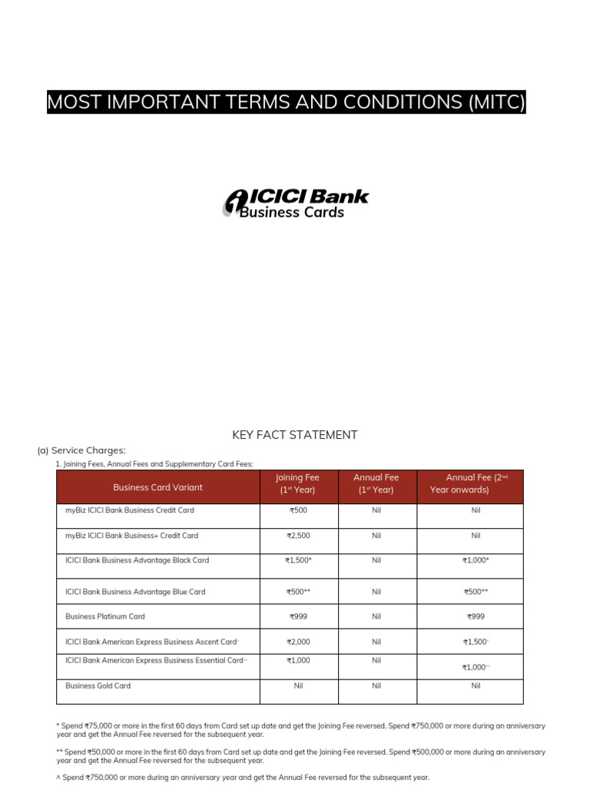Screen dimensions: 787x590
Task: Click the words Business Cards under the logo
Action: [x=292, y=212]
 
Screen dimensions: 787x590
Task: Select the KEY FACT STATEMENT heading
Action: [x=295, y=435]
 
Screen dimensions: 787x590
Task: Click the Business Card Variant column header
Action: [x=157, y=487]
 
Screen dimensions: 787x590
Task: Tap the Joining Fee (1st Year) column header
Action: [x=298, y=483]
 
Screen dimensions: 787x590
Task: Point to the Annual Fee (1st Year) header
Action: [x=376, y=483]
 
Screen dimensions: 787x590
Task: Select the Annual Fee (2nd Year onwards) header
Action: [x=469, y=483]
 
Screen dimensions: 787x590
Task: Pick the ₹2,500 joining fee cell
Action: [x=298, y=536]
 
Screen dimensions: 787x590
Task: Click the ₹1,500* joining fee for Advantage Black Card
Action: [x=298, y=560]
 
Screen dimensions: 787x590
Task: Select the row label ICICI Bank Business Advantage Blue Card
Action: [x=135, y=592]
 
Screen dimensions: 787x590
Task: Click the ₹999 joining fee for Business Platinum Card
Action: [x=298, y=616]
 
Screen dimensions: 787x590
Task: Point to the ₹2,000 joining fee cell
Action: [x=298, y=642]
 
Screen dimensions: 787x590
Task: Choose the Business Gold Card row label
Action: [x=98, y=686]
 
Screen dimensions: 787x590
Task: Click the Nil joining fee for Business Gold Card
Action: [x=298, y=686]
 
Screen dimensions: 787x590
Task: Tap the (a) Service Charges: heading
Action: [x=81, y=450]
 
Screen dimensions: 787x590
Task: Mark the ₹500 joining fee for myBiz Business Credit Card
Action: [x=298, y=510]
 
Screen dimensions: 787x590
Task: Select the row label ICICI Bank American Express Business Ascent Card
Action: [x=151, y=642]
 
